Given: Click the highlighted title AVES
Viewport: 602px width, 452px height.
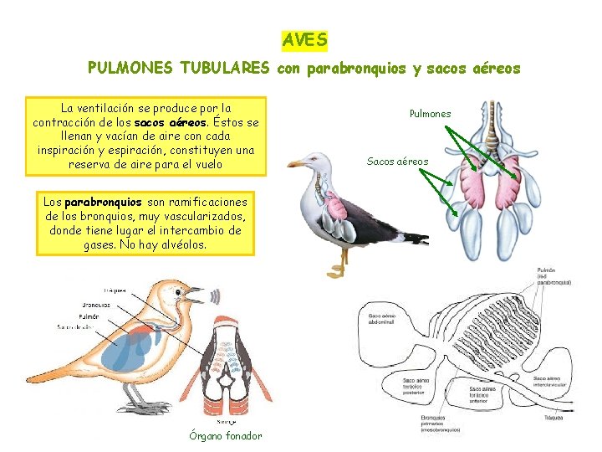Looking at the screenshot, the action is pos(304,39).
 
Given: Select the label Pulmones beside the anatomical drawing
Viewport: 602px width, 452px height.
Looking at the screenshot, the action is pos(430,114).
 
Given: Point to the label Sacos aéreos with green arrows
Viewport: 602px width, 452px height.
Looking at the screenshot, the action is pos(397,162).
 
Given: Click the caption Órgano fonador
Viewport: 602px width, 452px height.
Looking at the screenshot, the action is pos(226,435).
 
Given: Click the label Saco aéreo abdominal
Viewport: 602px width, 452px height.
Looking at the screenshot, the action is pos(383,319).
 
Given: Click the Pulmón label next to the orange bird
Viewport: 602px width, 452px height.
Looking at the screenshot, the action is pos(89,316).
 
